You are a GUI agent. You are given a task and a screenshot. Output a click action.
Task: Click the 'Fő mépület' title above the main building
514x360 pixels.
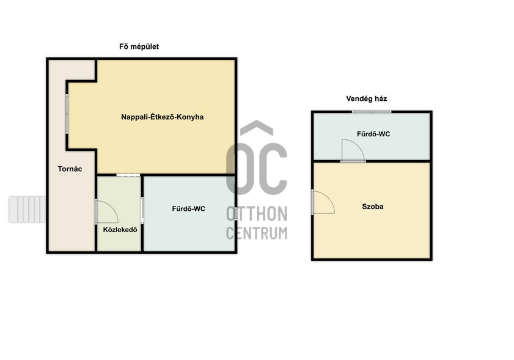(139, 46)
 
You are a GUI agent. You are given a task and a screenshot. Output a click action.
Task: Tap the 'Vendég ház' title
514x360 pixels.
(367, 98)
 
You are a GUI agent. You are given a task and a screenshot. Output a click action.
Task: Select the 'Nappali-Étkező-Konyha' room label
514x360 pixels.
(162, 117)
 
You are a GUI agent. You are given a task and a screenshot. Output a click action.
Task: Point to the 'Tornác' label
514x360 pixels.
(70, 169)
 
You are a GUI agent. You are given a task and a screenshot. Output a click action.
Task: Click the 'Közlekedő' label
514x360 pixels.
(120, 230)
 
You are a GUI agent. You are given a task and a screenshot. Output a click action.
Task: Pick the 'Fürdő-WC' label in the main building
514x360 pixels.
(188, 209)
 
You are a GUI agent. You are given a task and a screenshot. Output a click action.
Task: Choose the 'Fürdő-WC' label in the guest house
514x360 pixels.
(373, 134)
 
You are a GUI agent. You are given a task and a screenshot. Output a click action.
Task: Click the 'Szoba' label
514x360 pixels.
(373, 207)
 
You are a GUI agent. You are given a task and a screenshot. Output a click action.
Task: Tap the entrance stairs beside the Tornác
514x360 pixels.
(27, 209)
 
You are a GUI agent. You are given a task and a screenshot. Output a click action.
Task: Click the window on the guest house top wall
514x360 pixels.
(372, 112)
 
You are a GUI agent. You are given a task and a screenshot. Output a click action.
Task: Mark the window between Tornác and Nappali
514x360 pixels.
(67, 114)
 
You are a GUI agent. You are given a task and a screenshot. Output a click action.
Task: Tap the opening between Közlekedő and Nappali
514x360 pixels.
(128, 175)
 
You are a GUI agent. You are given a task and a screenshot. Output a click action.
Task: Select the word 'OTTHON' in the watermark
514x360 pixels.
(257, 214)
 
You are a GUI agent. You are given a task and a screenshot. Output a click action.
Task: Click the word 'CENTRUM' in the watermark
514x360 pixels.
(257, 233)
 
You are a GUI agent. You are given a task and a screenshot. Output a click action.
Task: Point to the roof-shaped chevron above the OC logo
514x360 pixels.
(256, 128)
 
